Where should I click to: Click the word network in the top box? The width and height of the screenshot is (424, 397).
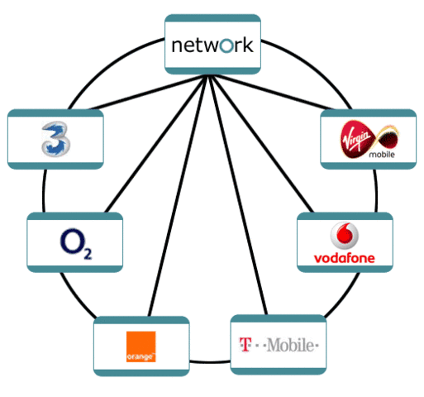coord(212,45)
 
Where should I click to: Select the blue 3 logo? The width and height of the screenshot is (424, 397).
coord(55,138)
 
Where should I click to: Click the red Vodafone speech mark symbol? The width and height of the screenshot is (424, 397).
coord(344,237)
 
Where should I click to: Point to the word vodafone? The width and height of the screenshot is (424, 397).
coord(345,258)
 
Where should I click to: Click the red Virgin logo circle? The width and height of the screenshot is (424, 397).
coord(345,136)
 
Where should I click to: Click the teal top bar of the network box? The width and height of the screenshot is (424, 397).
coord(212,18)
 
